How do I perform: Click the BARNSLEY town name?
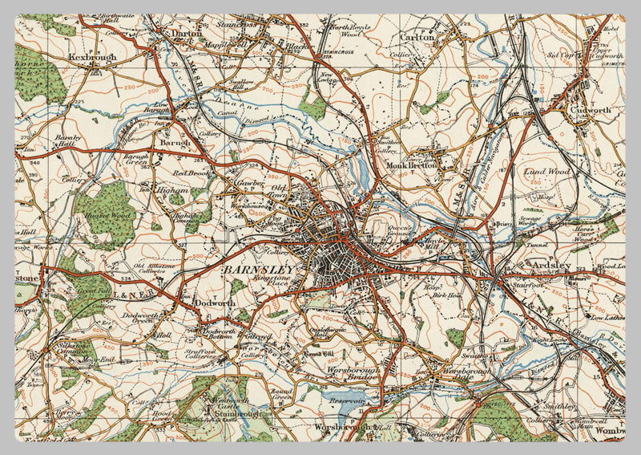[258, 270]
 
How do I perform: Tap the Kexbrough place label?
[93, 58]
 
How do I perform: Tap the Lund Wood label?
[545, 171]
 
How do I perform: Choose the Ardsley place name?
[550, 266]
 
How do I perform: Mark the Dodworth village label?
[214, 304]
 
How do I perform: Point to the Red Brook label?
[192, 172]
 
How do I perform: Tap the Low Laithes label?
[608, 318]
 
